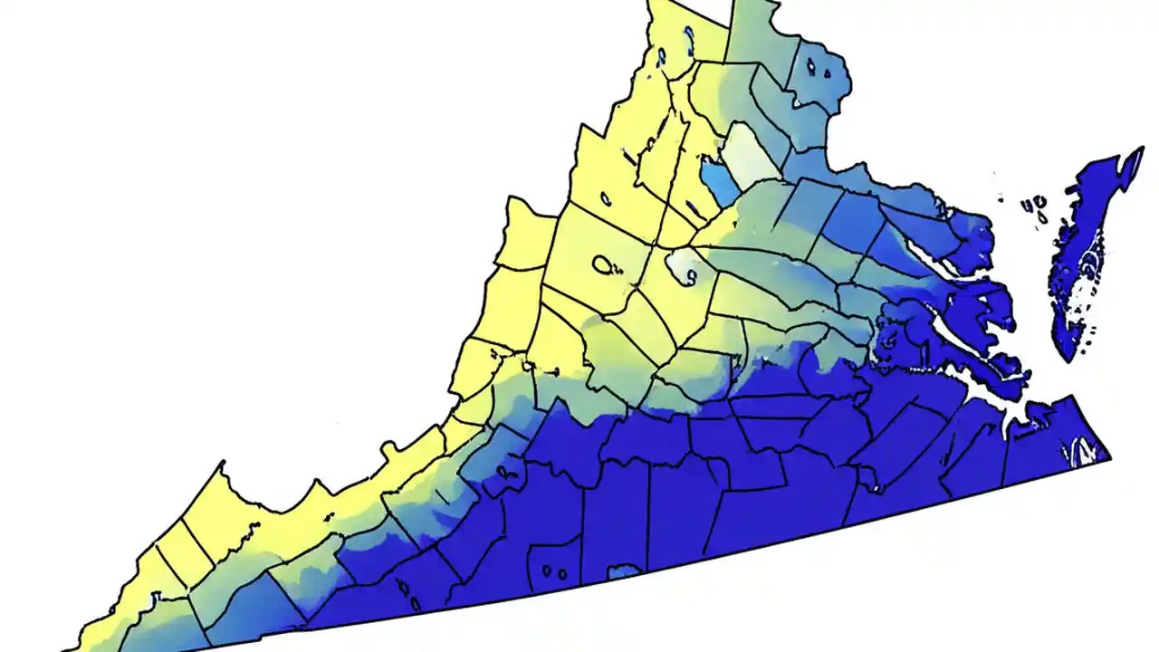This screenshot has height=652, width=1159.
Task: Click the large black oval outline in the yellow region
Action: [603, 264]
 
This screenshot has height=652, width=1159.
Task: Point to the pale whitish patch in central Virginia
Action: [683, 266]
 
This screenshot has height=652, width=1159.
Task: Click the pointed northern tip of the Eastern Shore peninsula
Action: [1138, 152]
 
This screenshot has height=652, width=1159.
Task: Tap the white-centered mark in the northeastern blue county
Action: [818, 67]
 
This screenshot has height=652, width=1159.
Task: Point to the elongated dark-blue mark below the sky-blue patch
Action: [692, 210]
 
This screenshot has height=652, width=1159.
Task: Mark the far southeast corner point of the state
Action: [1109, 456]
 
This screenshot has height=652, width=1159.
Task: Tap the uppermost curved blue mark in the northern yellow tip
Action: [689, 34]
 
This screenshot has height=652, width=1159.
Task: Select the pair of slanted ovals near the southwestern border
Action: [412, 600]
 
